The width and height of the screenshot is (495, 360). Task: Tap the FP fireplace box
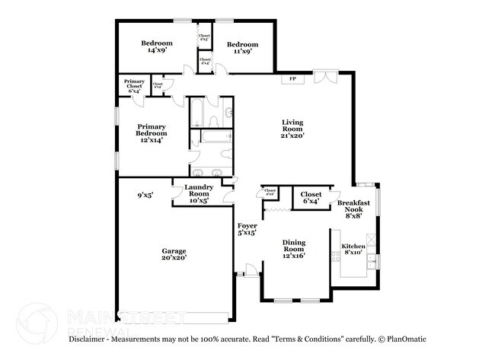pos(292,79)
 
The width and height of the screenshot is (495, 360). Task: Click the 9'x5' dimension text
pos(145,195)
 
